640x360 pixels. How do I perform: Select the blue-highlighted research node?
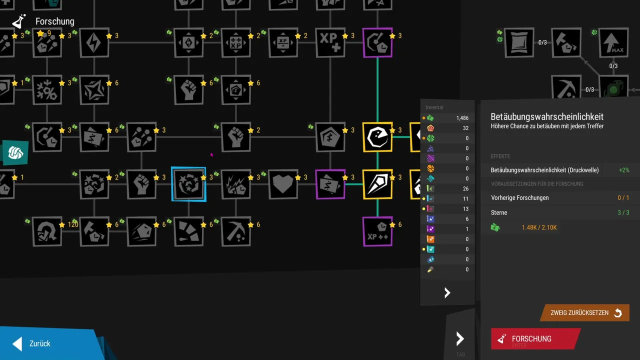tap(188, 184)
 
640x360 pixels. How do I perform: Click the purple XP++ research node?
tap(377, 231)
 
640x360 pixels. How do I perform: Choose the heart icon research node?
tap(283, 184)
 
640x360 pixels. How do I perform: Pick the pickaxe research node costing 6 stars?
tap(235, 231)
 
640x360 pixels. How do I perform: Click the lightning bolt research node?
tap(94, 42)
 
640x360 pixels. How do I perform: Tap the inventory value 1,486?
tap(462, 118)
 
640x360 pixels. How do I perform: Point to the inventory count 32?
tap(465, 128)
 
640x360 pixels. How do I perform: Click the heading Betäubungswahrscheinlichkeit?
tap(547, 116)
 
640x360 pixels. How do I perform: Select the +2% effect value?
tap(623, 170)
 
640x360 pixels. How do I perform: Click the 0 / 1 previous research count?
tap(623, 198)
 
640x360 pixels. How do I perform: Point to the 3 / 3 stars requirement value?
tap(623, 212)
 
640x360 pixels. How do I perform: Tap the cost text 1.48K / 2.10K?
tap(539, 227)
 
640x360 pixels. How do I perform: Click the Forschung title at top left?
tap(54, 21)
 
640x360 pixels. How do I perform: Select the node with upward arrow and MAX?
tap(613, 42)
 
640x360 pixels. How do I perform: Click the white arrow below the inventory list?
tap(447, 293)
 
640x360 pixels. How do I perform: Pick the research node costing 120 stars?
tap(47, 231)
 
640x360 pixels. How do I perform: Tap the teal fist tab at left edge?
tap(14, 152)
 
